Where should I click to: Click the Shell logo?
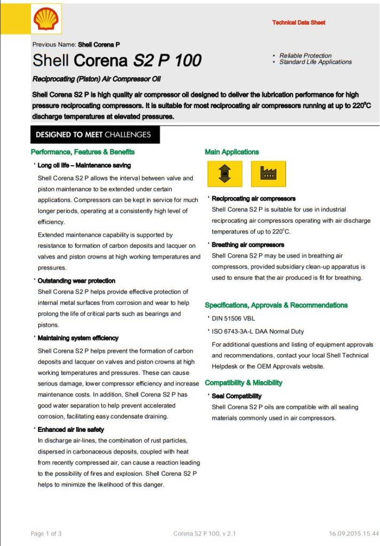pyautogui.click(x=46, y=19)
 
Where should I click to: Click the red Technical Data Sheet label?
pyautogui.click(x=298, y=22)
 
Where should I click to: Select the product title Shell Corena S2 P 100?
pyautogui.click(x=117, y=60)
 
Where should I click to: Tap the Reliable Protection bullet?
pyautogui.click(x=305, y=55)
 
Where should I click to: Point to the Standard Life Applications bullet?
pyautogui.click(x=316, y=62)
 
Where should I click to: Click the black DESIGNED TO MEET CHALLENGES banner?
pyautogui.click(x=95, y=135)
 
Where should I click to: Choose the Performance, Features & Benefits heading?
pyautogui.click(x=83, y=152)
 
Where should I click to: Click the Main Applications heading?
pyautogui.click(x=232, y=152)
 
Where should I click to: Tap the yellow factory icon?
pyautogui.click(x=268, y=174)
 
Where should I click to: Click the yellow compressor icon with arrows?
pyautogui.click(x=224, y=174)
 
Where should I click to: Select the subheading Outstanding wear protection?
pyautogui.click(x=76, y=280)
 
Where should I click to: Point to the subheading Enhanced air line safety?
pyautogui.click(x=71, y=429)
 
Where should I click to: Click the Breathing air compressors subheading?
pyautogui.click(x=248, y=245)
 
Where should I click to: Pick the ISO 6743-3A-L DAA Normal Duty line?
pyautogui.click(x=257, y=331)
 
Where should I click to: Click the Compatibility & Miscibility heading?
pyautogui.click(x=244, y=383)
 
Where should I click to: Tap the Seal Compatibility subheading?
pyautogui.click(x=237, y=396)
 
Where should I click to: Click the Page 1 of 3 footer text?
pyautogui.click(x=46, y=533)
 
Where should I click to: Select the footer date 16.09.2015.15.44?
pyautogui.click(x=353, y=533)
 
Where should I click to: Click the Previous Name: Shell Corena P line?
pyautogui.click(x=79, y=44)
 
